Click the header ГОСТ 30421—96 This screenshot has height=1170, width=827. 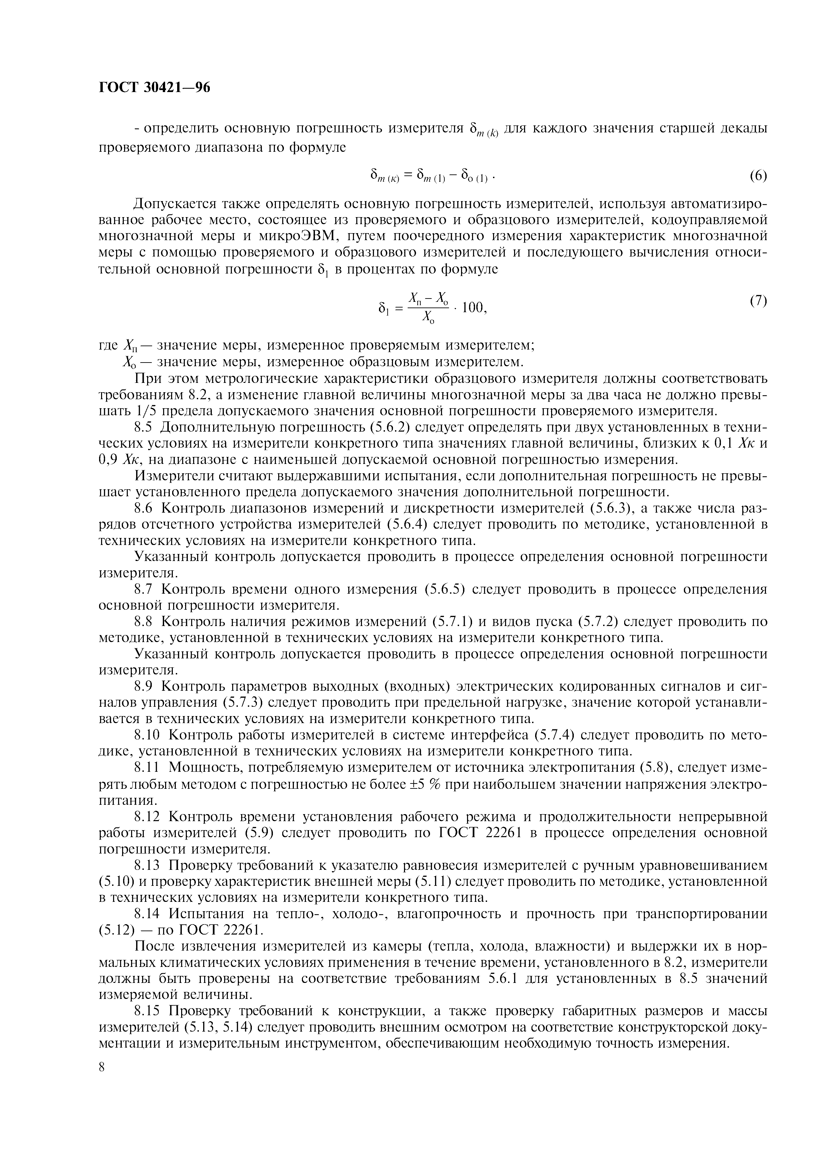[154, 88]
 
